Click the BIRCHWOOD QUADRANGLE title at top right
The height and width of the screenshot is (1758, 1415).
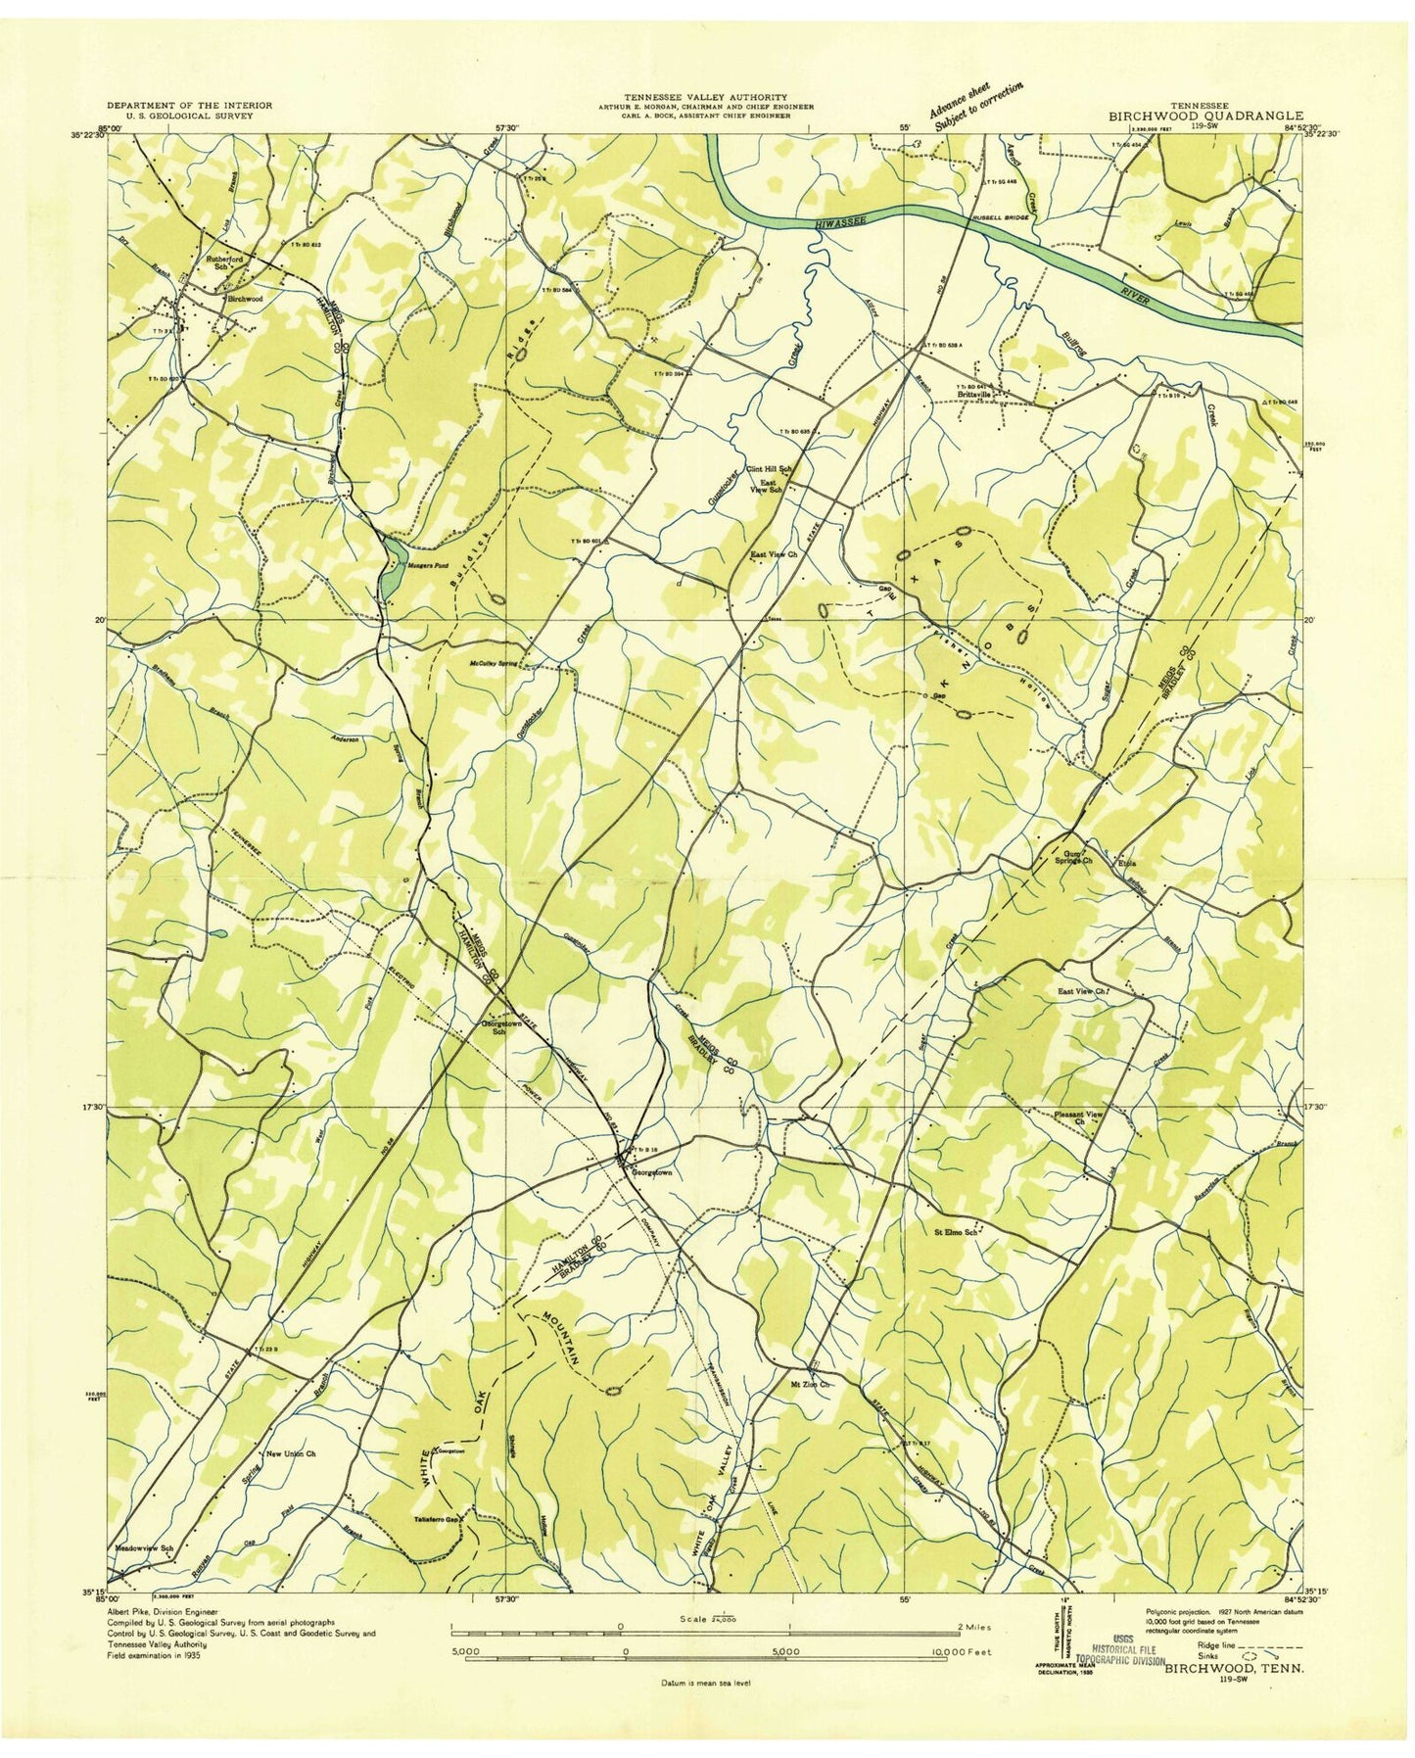[x=1204, y=115]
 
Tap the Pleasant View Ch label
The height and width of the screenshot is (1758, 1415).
[x=1080, y=1117]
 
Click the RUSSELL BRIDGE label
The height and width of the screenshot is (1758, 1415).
[x=999, y=218]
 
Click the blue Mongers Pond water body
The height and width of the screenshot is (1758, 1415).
[x=391, y=572]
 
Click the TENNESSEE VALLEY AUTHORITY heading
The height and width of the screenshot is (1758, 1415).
[x=706, y=98]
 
